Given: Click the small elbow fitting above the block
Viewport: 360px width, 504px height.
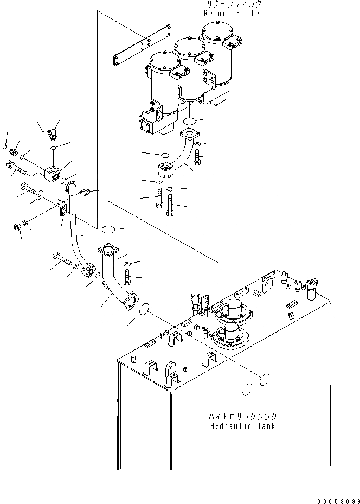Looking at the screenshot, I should (53, 132).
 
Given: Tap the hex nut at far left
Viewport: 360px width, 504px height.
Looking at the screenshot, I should (17, 229).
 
